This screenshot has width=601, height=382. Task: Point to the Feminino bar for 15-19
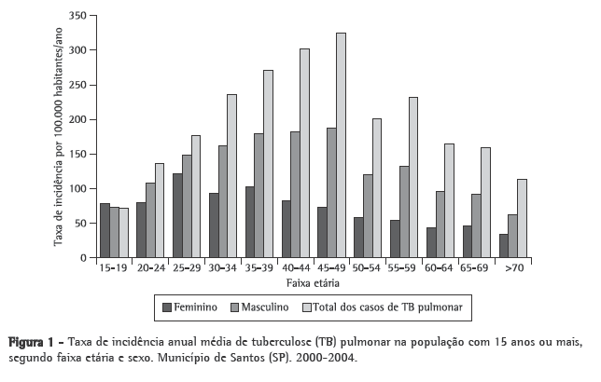[x=105, y=230]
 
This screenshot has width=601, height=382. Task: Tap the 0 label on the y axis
[x=84, y=258]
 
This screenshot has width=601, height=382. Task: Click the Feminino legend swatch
[x=168, y=307]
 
